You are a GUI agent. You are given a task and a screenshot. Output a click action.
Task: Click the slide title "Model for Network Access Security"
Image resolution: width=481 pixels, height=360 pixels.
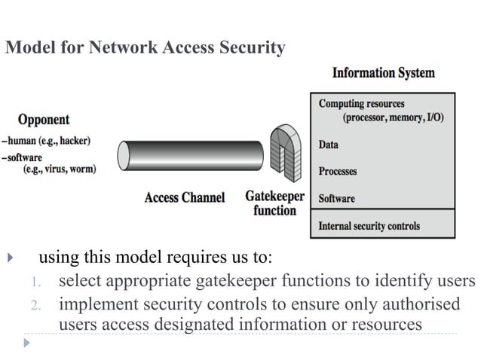pos(145,49)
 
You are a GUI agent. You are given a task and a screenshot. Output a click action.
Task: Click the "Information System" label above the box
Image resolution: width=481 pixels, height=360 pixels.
pos(383,73)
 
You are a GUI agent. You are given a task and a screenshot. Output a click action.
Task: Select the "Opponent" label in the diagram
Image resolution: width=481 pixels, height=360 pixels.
pos(44,119)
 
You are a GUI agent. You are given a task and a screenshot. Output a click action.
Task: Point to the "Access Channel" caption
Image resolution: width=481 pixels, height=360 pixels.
pos(184,198)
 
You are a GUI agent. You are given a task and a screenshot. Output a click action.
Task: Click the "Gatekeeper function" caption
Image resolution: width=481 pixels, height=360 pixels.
pos(274,203)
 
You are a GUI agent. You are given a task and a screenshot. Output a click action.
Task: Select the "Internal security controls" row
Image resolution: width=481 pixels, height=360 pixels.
pos(369,225)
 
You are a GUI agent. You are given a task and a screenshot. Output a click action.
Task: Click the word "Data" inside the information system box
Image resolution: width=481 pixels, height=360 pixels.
pos(329,145)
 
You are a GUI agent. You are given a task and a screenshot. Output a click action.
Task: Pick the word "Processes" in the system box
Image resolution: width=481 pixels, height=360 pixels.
pos(337,171)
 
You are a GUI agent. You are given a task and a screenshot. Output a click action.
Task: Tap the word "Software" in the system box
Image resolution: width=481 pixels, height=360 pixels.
pos(336,199)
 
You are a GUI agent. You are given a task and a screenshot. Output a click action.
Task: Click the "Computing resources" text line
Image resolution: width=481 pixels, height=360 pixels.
pos(361,104)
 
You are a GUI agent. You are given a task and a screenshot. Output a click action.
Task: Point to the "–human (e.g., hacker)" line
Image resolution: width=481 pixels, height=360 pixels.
pos(46,141)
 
